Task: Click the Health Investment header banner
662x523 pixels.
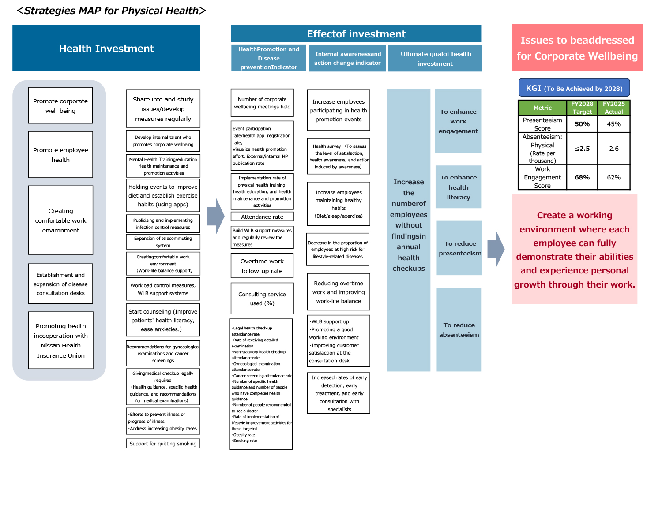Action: (106, 48)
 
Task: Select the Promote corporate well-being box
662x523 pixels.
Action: (60, 105)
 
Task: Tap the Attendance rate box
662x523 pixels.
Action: (262, 217)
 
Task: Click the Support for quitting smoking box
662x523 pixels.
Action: (163, 443)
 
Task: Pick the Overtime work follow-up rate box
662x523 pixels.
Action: (262, 265)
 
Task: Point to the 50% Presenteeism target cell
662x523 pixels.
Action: (582, 124)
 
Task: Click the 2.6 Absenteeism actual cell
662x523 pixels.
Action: (614, 149)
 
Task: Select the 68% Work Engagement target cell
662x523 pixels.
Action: (582, 177)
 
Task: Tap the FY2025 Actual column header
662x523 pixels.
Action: (614, 108)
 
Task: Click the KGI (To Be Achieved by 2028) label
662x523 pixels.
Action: (574, 88)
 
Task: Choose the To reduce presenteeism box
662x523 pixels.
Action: (459, 248)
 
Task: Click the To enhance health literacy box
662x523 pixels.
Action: (459, 187)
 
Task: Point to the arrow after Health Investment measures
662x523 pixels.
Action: (216, 216)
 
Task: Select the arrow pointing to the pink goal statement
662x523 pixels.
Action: (496, 249)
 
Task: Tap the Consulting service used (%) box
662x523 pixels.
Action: (262, 298)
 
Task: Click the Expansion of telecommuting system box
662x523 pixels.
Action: (163, 242)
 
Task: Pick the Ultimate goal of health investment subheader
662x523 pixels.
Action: (435, 58)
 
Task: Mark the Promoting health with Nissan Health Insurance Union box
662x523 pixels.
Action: (60, 340)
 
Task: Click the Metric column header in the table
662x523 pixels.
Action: (542, 108)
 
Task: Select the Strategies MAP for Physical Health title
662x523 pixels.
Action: (111, 11)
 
